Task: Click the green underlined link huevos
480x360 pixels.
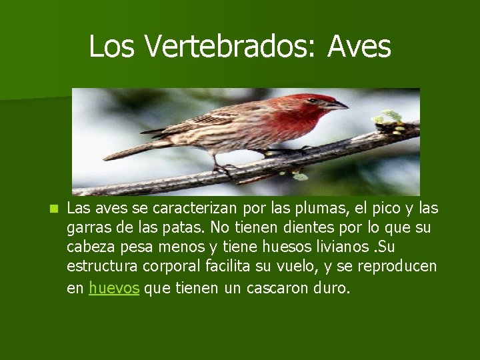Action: point(114,289)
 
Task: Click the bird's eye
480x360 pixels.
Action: point(312,101)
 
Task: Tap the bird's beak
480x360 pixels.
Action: point(337,105)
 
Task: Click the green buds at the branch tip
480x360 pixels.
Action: point(389,118)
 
